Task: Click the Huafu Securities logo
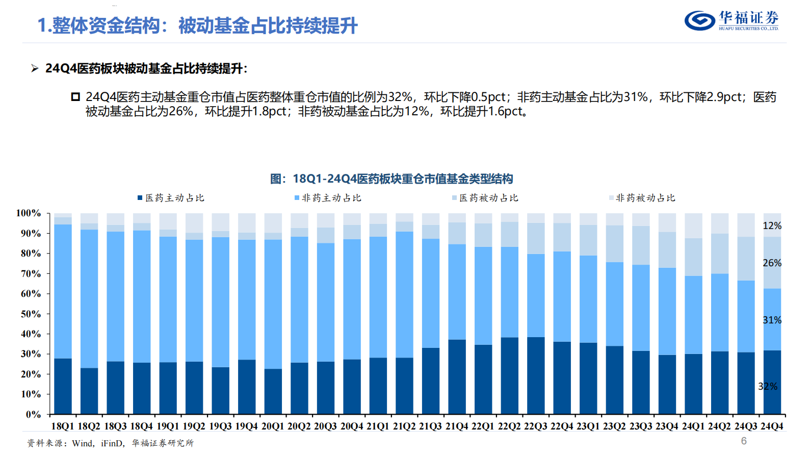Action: coord(731,20)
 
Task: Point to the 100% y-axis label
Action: coord(29,213)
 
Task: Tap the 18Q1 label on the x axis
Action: coord(63,426)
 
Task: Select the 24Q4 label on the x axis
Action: coord(772,426)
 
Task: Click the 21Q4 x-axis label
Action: coord(457,426)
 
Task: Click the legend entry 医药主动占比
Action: coord(171,198)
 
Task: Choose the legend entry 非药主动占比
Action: coord(328,198)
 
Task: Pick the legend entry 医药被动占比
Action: coord(485,198)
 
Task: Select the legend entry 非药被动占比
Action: coord(642,198)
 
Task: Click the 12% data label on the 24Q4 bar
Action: coord(772,225)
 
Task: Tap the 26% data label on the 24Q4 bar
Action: coord(772,263)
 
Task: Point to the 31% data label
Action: coord(772,320)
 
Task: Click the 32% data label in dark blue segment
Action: coord(768,386)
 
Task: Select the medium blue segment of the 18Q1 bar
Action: coord(63,291)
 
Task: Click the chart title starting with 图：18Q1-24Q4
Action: coord(391,179)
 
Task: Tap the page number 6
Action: coord(744,441)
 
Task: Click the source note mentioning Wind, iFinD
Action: coord(110,443)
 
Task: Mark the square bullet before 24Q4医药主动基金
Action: coord(75,97)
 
